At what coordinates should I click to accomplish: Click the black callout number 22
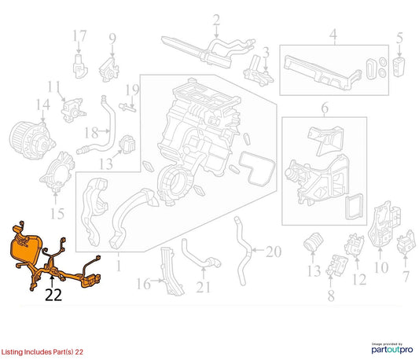pyautogui.click(x=53, y=295)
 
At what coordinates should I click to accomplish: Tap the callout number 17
pyautogui.click(x=79, y=36)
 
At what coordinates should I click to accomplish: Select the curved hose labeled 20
pyautogui.click(x=243, y=252)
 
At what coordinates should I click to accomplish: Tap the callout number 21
pyautogui.click(x=204, y=287)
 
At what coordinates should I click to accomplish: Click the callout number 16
pyautogui.click(x=144, y=284)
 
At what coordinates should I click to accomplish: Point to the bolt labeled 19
pyautogui.click(x=127, y=108)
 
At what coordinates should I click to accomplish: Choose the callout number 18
pyautogui.click(x=91, y=132)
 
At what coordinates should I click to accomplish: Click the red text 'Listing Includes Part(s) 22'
pyautogui.click(x=42, y=351)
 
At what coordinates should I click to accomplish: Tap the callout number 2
pyautogui.click(x=216, y=20)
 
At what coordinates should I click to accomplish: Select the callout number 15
pyautogui.click(x=57, y=214)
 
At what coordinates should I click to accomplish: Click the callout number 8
pyautogui.click(x=331, y=296)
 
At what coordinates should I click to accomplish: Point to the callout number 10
pyautogui.click(x=380, y=267)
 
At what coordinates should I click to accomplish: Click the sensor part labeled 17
pyautogui.click(x=80, y=66)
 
